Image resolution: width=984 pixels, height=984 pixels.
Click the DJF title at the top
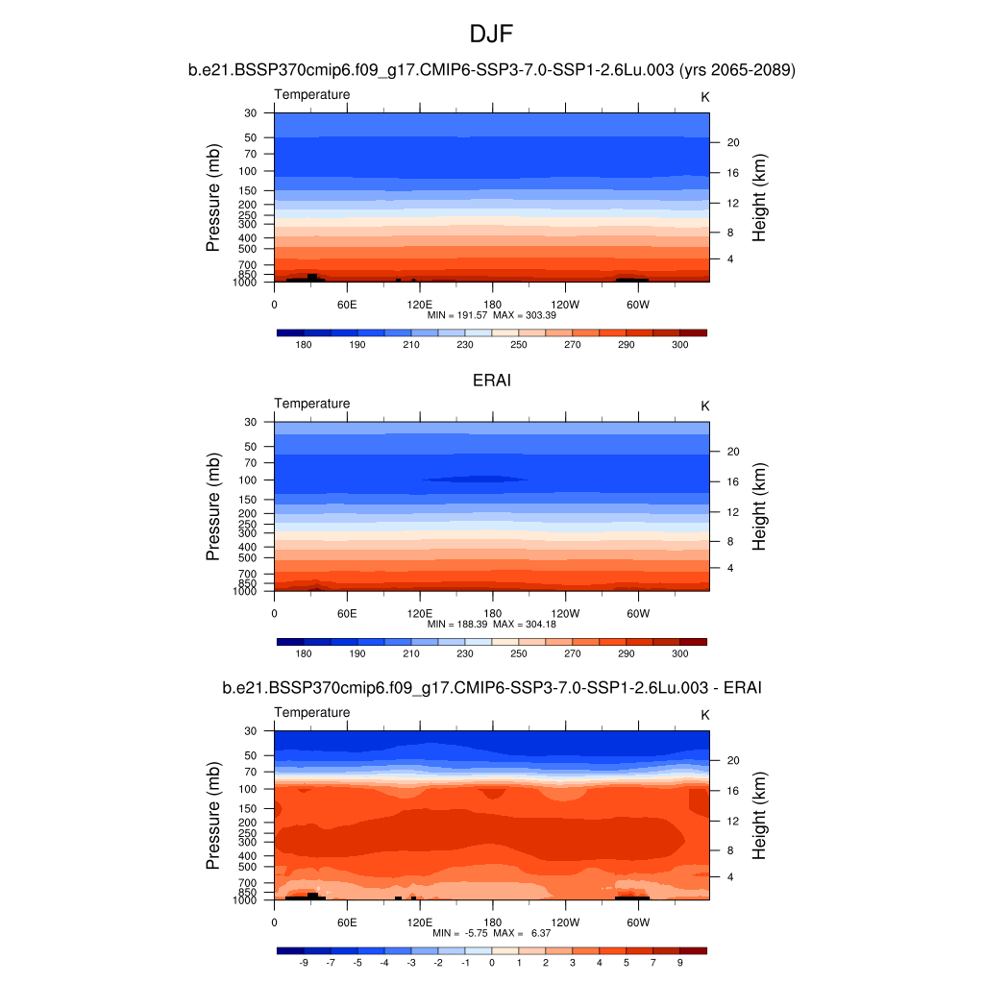pyautogui.click(x=492, y=36)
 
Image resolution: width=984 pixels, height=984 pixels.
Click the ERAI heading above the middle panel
pyautogui.click(x=492, y=381)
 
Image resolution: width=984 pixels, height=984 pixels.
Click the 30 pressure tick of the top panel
pyautogui.click(x=251, y=112)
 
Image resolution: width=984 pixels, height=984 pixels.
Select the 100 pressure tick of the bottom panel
pyautogui.click(x=248, y=789)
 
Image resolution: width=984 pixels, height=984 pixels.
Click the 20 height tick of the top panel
pyautogui.click(x=731, y=142)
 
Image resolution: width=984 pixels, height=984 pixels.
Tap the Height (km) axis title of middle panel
pyautogui.click(x=759, y=507)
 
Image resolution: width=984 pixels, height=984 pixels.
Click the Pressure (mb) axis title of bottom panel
pyautogui.click(x=213, y=816)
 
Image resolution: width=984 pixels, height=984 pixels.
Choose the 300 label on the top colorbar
pyautogui.click(x=679, y=344)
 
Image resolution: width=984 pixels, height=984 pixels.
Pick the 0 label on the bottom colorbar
pyautogui.click(x=492, y=962)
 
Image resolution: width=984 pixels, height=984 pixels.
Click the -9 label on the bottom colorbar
pyautogui.click(x=304, y=962)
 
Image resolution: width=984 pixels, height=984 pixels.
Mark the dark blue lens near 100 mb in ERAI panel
pyautogui.click(x=475, y=479)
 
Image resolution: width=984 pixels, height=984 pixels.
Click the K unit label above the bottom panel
pyautogui.click(x=704, y=715)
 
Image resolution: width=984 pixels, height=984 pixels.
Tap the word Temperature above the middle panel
pyautogui.click(x=312, y=404)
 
